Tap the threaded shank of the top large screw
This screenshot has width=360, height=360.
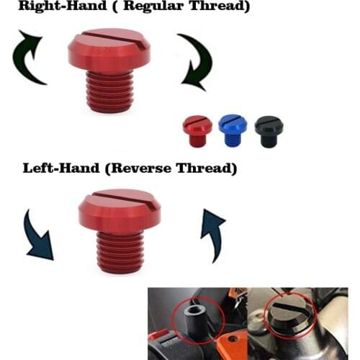110,92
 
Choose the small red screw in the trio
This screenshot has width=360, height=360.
197,130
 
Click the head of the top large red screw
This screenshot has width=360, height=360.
108,54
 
